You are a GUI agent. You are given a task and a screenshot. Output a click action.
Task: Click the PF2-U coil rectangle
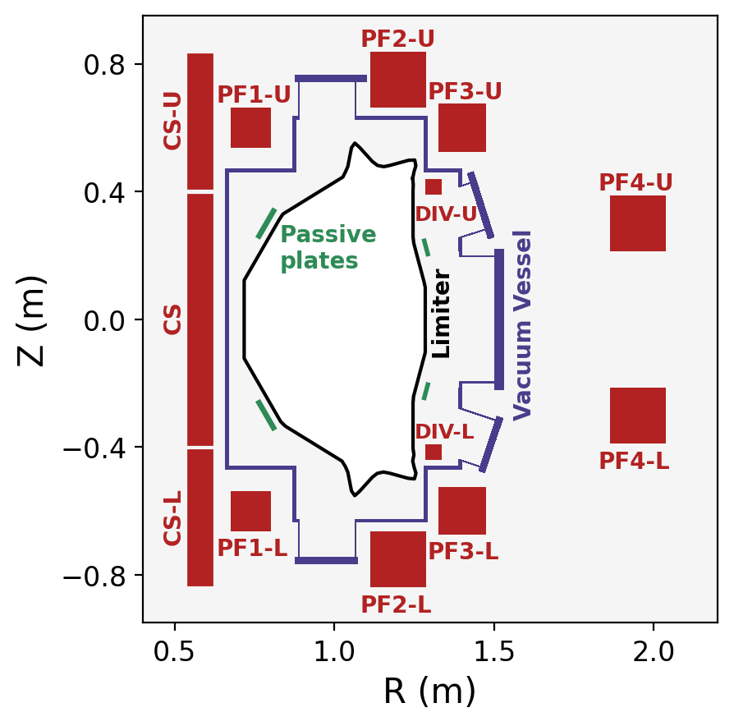[x=398, y=80]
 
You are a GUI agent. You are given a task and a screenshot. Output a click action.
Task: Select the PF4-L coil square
[x=638, y=416]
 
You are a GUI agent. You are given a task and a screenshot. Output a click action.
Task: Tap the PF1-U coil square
[x=250, y=127]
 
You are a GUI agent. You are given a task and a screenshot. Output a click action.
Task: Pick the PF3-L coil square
[x=462, y=511]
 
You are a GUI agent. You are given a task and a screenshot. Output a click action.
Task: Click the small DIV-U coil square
[x=434, y=187]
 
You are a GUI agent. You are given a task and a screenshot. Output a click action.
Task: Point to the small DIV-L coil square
[x=434, y=453]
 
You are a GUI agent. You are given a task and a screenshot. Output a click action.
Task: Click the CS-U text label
[x=172, y=121]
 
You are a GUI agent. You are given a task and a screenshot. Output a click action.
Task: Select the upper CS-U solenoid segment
[x=200, y=122]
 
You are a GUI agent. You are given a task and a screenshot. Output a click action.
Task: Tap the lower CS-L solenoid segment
[x=200, y=517]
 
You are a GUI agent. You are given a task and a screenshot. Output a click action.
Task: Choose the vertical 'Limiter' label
[x=442, y=314]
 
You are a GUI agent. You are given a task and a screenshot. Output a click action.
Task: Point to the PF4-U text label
[x=635, y=182]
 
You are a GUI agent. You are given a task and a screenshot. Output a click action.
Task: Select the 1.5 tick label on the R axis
[x=493, y=654]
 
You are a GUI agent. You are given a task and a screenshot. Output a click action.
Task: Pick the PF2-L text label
[x=397, y=605]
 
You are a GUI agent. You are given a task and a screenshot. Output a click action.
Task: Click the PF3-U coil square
[x=462, y=128]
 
